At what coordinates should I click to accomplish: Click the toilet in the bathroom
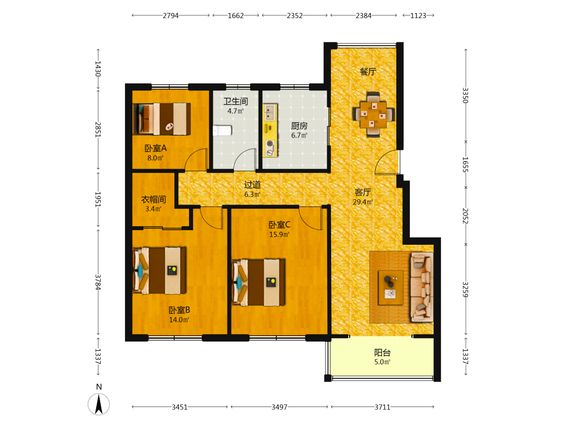point(222,130)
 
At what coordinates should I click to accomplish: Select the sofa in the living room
point(422,287)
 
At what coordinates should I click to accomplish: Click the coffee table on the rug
point(391,288)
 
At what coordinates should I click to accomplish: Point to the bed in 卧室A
point(162,119)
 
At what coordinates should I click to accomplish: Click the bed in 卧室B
point(160,270)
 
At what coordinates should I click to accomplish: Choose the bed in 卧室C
point(259,282)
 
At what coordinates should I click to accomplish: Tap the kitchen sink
point(269,112)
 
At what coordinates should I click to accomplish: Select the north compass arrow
point(98,404)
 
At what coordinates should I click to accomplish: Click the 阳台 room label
point(382,352)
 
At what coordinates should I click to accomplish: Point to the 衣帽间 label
point(153,200)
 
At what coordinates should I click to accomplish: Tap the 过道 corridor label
point(252,185)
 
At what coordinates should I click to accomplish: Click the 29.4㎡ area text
point(363,202)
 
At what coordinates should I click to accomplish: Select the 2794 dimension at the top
point(171,15)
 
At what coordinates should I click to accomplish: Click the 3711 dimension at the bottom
point(382,407)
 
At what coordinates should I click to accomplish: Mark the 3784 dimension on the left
point(98,282)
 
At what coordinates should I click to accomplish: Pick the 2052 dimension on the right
point(465,216)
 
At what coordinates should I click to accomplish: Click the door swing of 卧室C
point(310,218)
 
